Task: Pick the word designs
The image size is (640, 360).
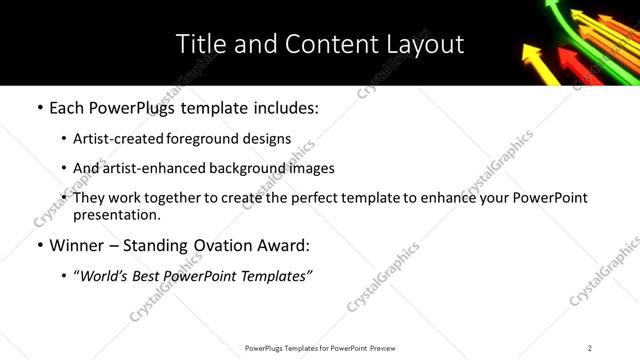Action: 268,139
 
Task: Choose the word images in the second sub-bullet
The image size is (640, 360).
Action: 312,169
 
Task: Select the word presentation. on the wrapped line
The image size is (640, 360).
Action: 116,214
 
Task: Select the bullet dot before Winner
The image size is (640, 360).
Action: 39,245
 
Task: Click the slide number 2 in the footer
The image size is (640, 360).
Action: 590,348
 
